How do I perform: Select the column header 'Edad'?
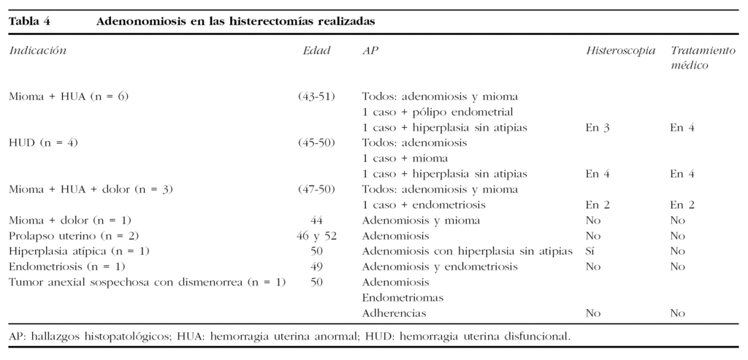[x=316, y=51]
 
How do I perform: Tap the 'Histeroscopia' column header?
[x=620, y=51]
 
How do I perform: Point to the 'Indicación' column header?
[x=37, y=51]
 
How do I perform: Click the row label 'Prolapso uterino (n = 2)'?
[x=74, y=236]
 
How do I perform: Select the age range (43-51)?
[x=316, y=96]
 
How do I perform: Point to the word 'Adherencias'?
[x=394, y=313]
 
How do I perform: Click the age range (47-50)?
[x=316, y=189]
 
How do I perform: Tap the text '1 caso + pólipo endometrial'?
[x=438, y=112]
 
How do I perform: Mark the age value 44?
[x=316, y=221]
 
